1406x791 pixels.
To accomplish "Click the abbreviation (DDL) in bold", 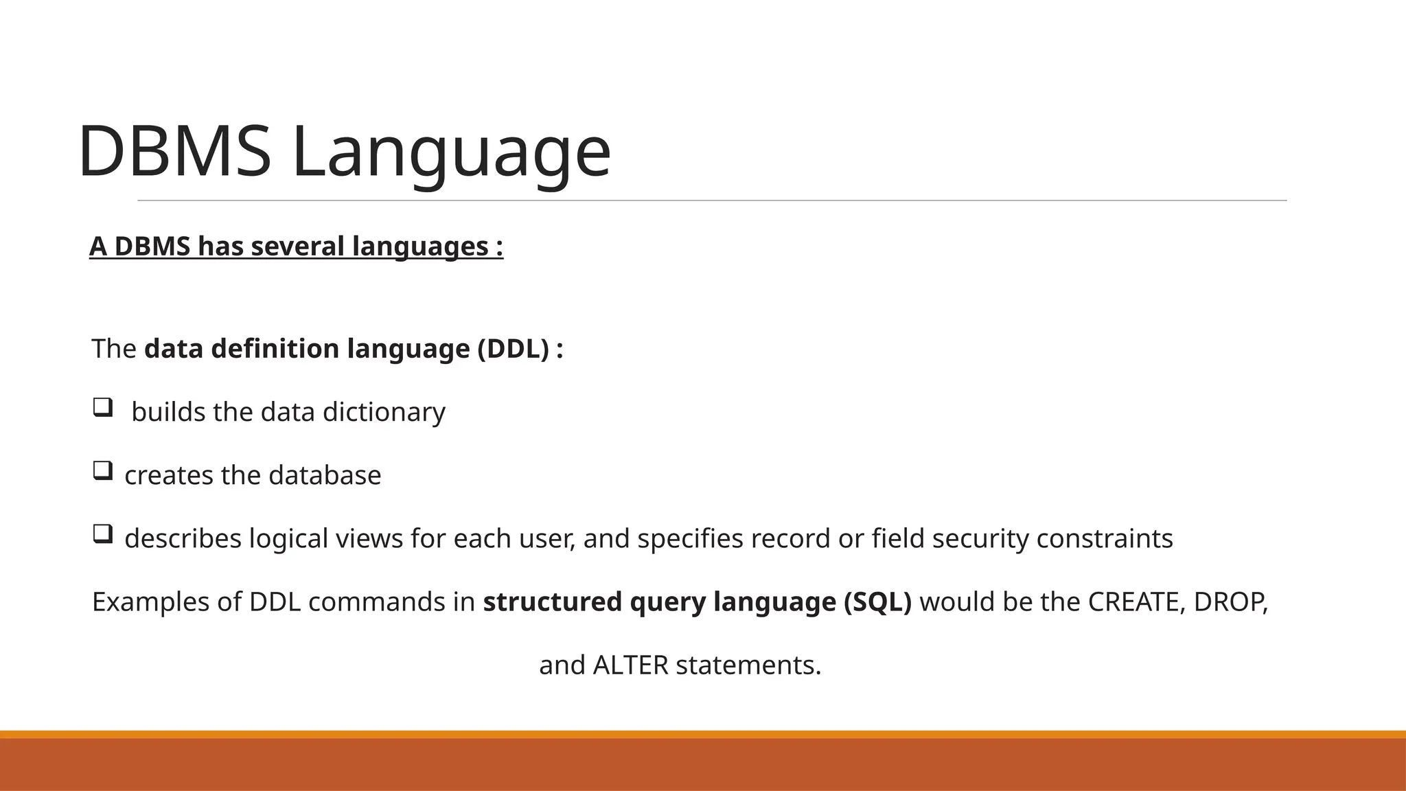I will tap(514, 349).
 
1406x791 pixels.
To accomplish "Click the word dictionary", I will tap(384, 412).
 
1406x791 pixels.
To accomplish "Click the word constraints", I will tap(1105, 538).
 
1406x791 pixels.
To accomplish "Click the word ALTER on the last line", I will tap(630, 665).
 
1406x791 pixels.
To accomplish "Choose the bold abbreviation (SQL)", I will tap(877, 602).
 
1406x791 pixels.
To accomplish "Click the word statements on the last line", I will tap(748, 665).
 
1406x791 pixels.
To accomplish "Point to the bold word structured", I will tap(553, 602).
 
